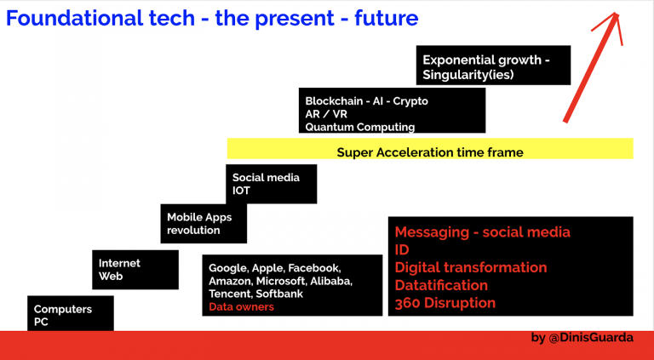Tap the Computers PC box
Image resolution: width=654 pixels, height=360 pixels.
(71, 313)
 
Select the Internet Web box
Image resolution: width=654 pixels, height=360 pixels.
(135, 270)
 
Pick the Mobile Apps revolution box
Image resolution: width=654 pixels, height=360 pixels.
(204, 224)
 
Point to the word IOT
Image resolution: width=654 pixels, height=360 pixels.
(241, 191)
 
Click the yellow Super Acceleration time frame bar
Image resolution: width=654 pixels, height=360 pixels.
(430, 148)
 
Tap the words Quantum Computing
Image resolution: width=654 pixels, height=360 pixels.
(360, 127)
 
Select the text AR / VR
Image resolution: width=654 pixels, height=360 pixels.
(326, 114)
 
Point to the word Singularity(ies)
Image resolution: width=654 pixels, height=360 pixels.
(468, 75)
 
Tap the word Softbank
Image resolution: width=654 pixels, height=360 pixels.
(279, 294)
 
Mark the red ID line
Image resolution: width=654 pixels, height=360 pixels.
(402, 249)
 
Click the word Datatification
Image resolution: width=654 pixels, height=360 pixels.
(441, 285)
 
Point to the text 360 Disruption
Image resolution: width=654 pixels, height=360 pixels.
(445, 303)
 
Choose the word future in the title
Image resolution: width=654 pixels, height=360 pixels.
(387, 19)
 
